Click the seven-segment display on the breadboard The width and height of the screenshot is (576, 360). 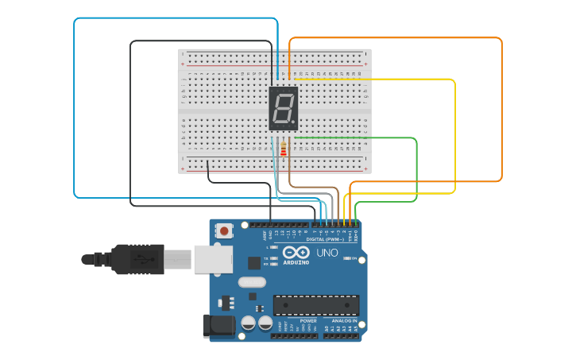pyautogui.click(x=284, y=109)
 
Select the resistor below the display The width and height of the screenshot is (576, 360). pyautogui.click(x=284, y=149)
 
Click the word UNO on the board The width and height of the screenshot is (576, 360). pyautogui.click(x=327, y=253)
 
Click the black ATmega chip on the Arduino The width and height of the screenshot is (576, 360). pyautogui.click(x=315, y=305)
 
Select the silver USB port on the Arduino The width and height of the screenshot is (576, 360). pyautogui.click(x=213, y=258)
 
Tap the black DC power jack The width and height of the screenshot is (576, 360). pyautogui.click(x=218, y=326)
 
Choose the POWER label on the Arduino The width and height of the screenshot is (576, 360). pyautogui.click(x=286, y=321)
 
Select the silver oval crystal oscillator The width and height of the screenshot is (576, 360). pyautogui.click(x=251, y=281)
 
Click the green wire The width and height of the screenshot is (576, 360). pyautogui.click(x=416, y=171)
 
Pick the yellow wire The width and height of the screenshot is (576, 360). pyautogui.click(x=454, y=135)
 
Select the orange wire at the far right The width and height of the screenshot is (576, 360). pyautogui.click(x=502, y=111)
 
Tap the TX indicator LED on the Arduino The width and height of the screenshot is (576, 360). pyautogui.click(x=275, y=259)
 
